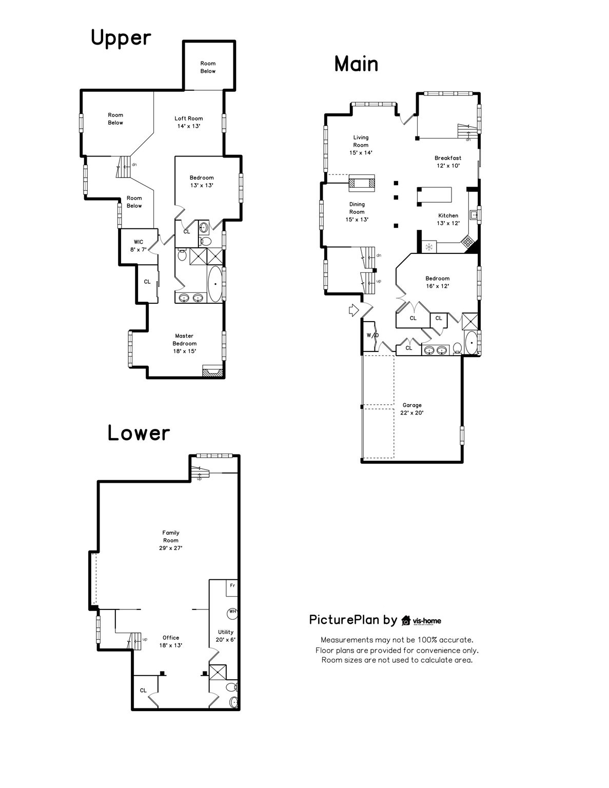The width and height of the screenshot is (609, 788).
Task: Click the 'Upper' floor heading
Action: [121, 38]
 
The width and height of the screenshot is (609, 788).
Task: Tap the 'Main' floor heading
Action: [356, 64]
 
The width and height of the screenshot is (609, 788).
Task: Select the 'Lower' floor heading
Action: [139, 433]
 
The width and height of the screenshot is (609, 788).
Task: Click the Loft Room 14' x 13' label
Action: [188, 122]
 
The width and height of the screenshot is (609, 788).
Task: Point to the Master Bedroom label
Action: [184, 343]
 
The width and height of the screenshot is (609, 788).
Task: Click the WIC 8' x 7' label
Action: [139, 245]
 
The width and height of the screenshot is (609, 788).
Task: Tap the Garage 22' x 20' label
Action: [411, 409]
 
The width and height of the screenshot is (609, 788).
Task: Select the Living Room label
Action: [361, 145]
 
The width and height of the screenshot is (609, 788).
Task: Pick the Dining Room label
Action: [357, 211]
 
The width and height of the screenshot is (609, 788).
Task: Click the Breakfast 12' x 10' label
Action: [448, 162]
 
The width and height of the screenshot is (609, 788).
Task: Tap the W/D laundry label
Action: [372, 336]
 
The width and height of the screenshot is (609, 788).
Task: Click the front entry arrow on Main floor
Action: [353, 310]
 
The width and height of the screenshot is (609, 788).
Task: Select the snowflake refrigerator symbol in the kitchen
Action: [428, 247]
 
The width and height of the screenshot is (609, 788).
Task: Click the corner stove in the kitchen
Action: [468, 242]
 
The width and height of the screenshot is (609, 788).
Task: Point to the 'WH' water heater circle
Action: [232, 612]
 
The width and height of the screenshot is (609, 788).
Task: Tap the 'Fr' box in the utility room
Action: [232, 586]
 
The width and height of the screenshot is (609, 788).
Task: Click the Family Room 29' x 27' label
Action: [171, 540]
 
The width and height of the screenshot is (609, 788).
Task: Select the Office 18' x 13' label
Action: [171, 641]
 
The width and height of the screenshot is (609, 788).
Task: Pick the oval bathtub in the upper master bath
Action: [215, 284]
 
